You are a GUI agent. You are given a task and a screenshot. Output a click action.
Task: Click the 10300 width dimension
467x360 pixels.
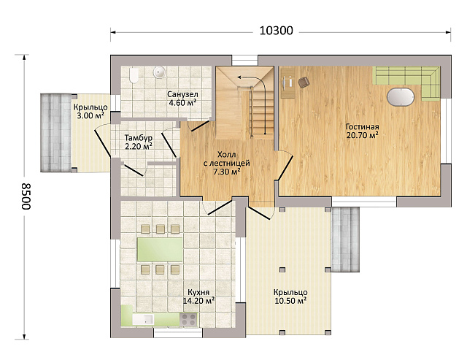click(x=276, y=31)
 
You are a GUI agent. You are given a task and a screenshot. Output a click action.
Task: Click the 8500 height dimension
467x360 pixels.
click(x=26, y=196)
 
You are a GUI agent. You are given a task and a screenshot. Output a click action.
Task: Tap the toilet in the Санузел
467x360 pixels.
click(x=134, y=75)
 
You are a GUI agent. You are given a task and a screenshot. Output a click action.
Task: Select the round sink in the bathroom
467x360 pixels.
click(x=159, y=72)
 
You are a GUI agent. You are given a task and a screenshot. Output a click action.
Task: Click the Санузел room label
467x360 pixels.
click(x=182, y=94)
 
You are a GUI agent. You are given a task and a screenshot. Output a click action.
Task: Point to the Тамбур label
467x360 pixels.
click(x=139, y=138)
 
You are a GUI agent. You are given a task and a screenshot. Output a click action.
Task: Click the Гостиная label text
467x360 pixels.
click(x=362, y=126)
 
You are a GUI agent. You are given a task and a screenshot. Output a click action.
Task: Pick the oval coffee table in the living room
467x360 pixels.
click(x=401, y=96)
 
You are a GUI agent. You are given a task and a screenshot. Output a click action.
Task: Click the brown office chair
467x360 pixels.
click(x=303, y=82)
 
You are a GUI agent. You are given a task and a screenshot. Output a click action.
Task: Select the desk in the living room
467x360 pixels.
click(x=287, y=83)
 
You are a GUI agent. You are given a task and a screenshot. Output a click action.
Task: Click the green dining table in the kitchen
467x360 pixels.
click(x=160, y=250)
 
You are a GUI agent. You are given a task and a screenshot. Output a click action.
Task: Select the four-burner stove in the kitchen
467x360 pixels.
click(x=188, y=319)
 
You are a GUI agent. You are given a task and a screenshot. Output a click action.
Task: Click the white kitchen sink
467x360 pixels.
click(x=143, y=319)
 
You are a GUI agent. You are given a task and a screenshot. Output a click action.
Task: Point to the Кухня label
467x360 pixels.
click(x=198, y=292)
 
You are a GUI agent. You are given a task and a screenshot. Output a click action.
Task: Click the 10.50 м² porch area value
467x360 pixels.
click(x=290, y=301)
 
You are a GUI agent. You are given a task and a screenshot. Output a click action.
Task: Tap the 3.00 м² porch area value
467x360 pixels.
click(x=90, y=115)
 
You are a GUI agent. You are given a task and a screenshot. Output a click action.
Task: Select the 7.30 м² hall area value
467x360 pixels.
click(x=227, y=172)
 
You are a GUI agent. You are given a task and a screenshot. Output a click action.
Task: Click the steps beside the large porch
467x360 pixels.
click(x=345, y=240)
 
